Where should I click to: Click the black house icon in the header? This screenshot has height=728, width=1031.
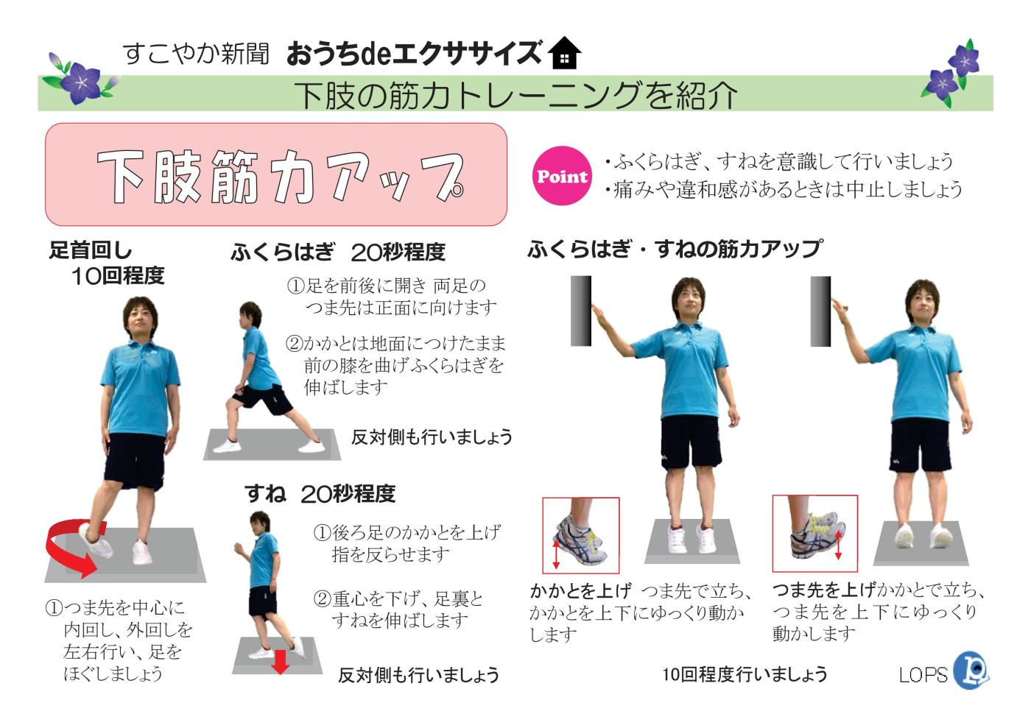pyautogui.click(x=565, y=53)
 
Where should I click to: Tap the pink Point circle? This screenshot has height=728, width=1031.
pyautogui.click(x=562, y=176)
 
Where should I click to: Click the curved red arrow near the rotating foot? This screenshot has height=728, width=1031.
pyautogui.click(x=71, y=546)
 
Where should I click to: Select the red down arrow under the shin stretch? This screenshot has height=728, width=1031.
pyautogui.click(x=280, y=660)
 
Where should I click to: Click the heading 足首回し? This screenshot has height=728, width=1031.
pyautogui.click(x=91, y=251)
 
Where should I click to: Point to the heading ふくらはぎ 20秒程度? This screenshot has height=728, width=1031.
pyautogui.click(x=338, y=252)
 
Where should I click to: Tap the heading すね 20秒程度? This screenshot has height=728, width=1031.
pyautogui.click(x=320, y=493)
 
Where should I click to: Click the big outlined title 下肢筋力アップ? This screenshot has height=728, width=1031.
pyautogui.click(x=280, y=177)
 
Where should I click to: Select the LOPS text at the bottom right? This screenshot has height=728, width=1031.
pyautogui.click(x=923, y=674)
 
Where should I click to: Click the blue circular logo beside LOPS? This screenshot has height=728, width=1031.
pyautogui.click(x=971, y=670)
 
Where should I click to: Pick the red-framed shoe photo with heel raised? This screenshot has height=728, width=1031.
pyautogui.click(x=580, y=535)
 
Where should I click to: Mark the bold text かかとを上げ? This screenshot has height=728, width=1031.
pyautogui.click(x=580, y=590)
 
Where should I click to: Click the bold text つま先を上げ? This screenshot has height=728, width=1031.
pyautogui.click(x=823, y=590)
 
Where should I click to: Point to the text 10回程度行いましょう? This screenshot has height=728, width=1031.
pyautogui.click(x=744, y=674)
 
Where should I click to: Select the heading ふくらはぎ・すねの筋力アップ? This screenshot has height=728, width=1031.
pyautogui.click(x=675, y=250)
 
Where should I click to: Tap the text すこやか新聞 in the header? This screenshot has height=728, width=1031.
pyautogui.click(x=196, y=53)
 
